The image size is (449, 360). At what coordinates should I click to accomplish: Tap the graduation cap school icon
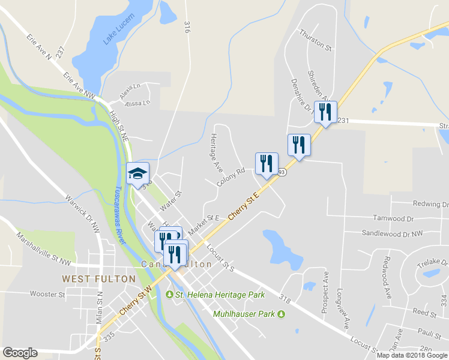(137, 174)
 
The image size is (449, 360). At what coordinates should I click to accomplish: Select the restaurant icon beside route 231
(325, 112)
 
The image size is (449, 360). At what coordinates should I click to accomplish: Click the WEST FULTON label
(89, 279)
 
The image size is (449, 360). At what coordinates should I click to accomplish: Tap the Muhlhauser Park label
(245, 314)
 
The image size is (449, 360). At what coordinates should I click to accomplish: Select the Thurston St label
(316, 39)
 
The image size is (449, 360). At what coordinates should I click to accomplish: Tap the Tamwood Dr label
(394, 218)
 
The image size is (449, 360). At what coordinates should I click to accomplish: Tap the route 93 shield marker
(282, 173)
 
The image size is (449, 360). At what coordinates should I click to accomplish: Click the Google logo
(20, 353)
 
